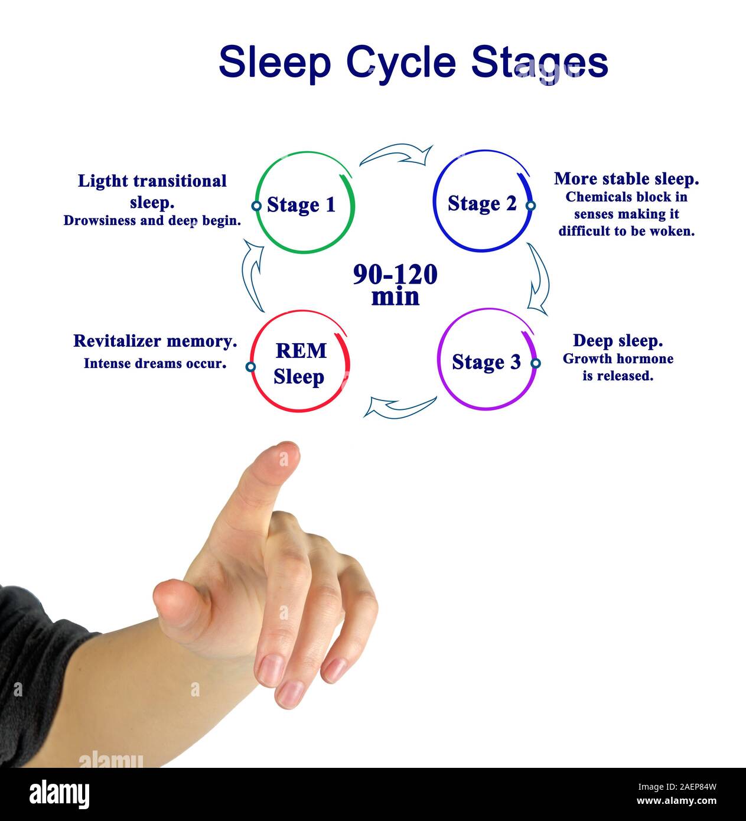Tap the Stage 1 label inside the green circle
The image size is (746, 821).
pyautogui.click(x=301, y=205)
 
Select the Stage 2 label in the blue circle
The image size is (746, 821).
pyautogui.click(x=482, y=203)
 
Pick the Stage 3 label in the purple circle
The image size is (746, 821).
pyautogui.click(x=486, y=361)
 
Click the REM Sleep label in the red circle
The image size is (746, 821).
pyautogui.click(x=300, y=363)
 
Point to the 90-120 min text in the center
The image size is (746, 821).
pyautogui.click(x=395, y=285)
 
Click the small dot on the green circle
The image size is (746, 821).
pyautogui.click(x=256, y=206)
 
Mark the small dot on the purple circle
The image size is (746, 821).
pyautogui.click(x=535, y=363)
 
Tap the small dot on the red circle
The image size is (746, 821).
pyautogui.click(x=250, y=367)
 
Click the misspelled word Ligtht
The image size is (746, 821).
pyautogui.click(x=102, y=181)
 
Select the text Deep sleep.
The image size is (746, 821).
pyautogui.click(x=618, y=341)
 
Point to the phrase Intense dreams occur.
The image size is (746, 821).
pyautogui.click(x=155, y=363)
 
